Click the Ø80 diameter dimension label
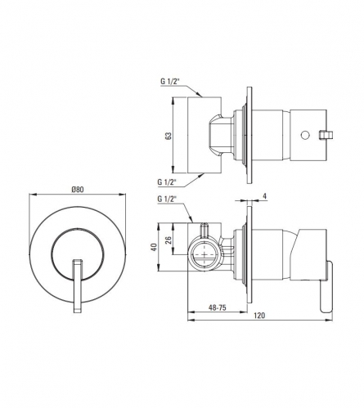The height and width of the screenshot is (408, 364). click(x=78, y=190)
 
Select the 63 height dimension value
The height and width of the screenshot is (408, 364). click(x=169, y=136)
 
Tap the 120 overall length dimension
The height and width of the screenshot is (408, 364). click(x=259, y=316)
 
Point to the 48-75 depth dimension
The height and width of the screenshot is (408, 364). click(x=218, y=307)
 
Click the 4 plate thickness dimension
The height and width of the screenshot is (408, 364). click(x=265, y=195)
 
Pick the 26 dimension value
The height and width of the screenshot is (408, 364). click(x=169, y=240)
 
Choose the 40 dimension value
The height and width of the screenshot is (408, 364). click(x=155, y=247)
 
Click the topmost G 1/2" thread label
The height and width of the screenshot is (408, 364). click(x=169, y=81)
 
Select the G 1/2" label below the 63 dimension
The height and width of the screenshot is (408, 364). click(x=167, y=182)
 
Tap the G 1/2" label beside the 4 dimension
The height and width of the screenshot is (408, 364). click(x=167, y=200)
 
